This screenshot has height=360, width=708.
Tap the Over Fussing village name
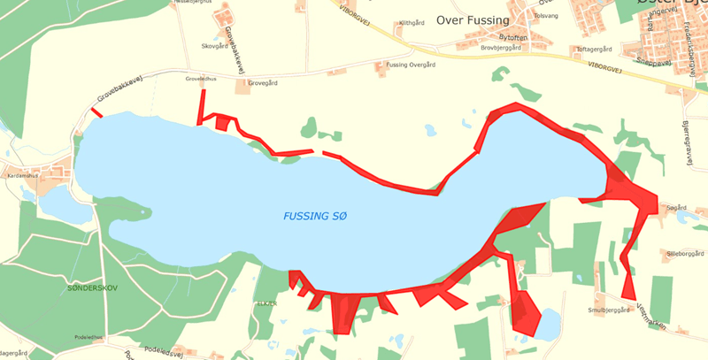coord(473,20)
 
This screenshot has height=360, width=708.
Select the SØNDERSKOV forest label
coord(92,288)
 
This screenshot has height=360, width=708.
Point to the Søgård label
coord(676,208)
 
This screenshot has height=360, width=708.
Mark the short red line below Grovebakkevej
coord(94,111)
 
